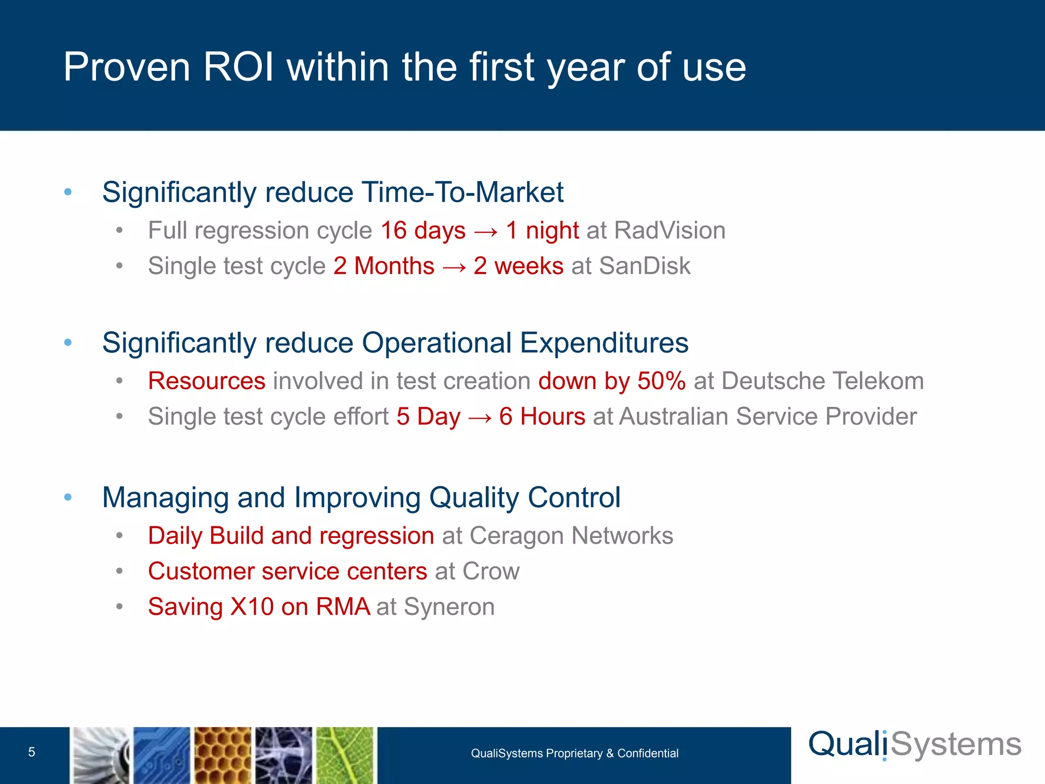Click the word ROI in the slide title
pos(238,67)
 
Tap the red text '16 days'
pos(423,230)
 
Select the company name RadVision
pos(670,230)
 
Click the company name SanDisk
pos(644,266)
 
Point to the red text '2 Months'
pos(384,266)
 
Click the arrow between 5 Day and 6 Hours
pos(480,417)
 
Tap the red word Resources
pos(207,381)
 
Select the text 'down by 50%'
pos(612,381)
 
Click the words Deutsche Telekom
pos(823,381)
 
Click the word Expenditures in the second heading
pos(604,342)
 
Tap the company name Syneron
pos(449,607)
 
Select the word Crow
pos(491,571)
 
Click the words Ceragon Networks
pos(571,536)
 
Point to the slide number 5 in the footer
pos(32,752)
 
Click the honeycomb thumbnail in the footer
pos(223,755)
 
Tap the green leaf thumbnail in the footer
pos(345,755)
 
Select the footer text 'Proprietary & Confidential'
pos(612,753)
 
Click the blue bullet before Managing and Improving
pos(68,497)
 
